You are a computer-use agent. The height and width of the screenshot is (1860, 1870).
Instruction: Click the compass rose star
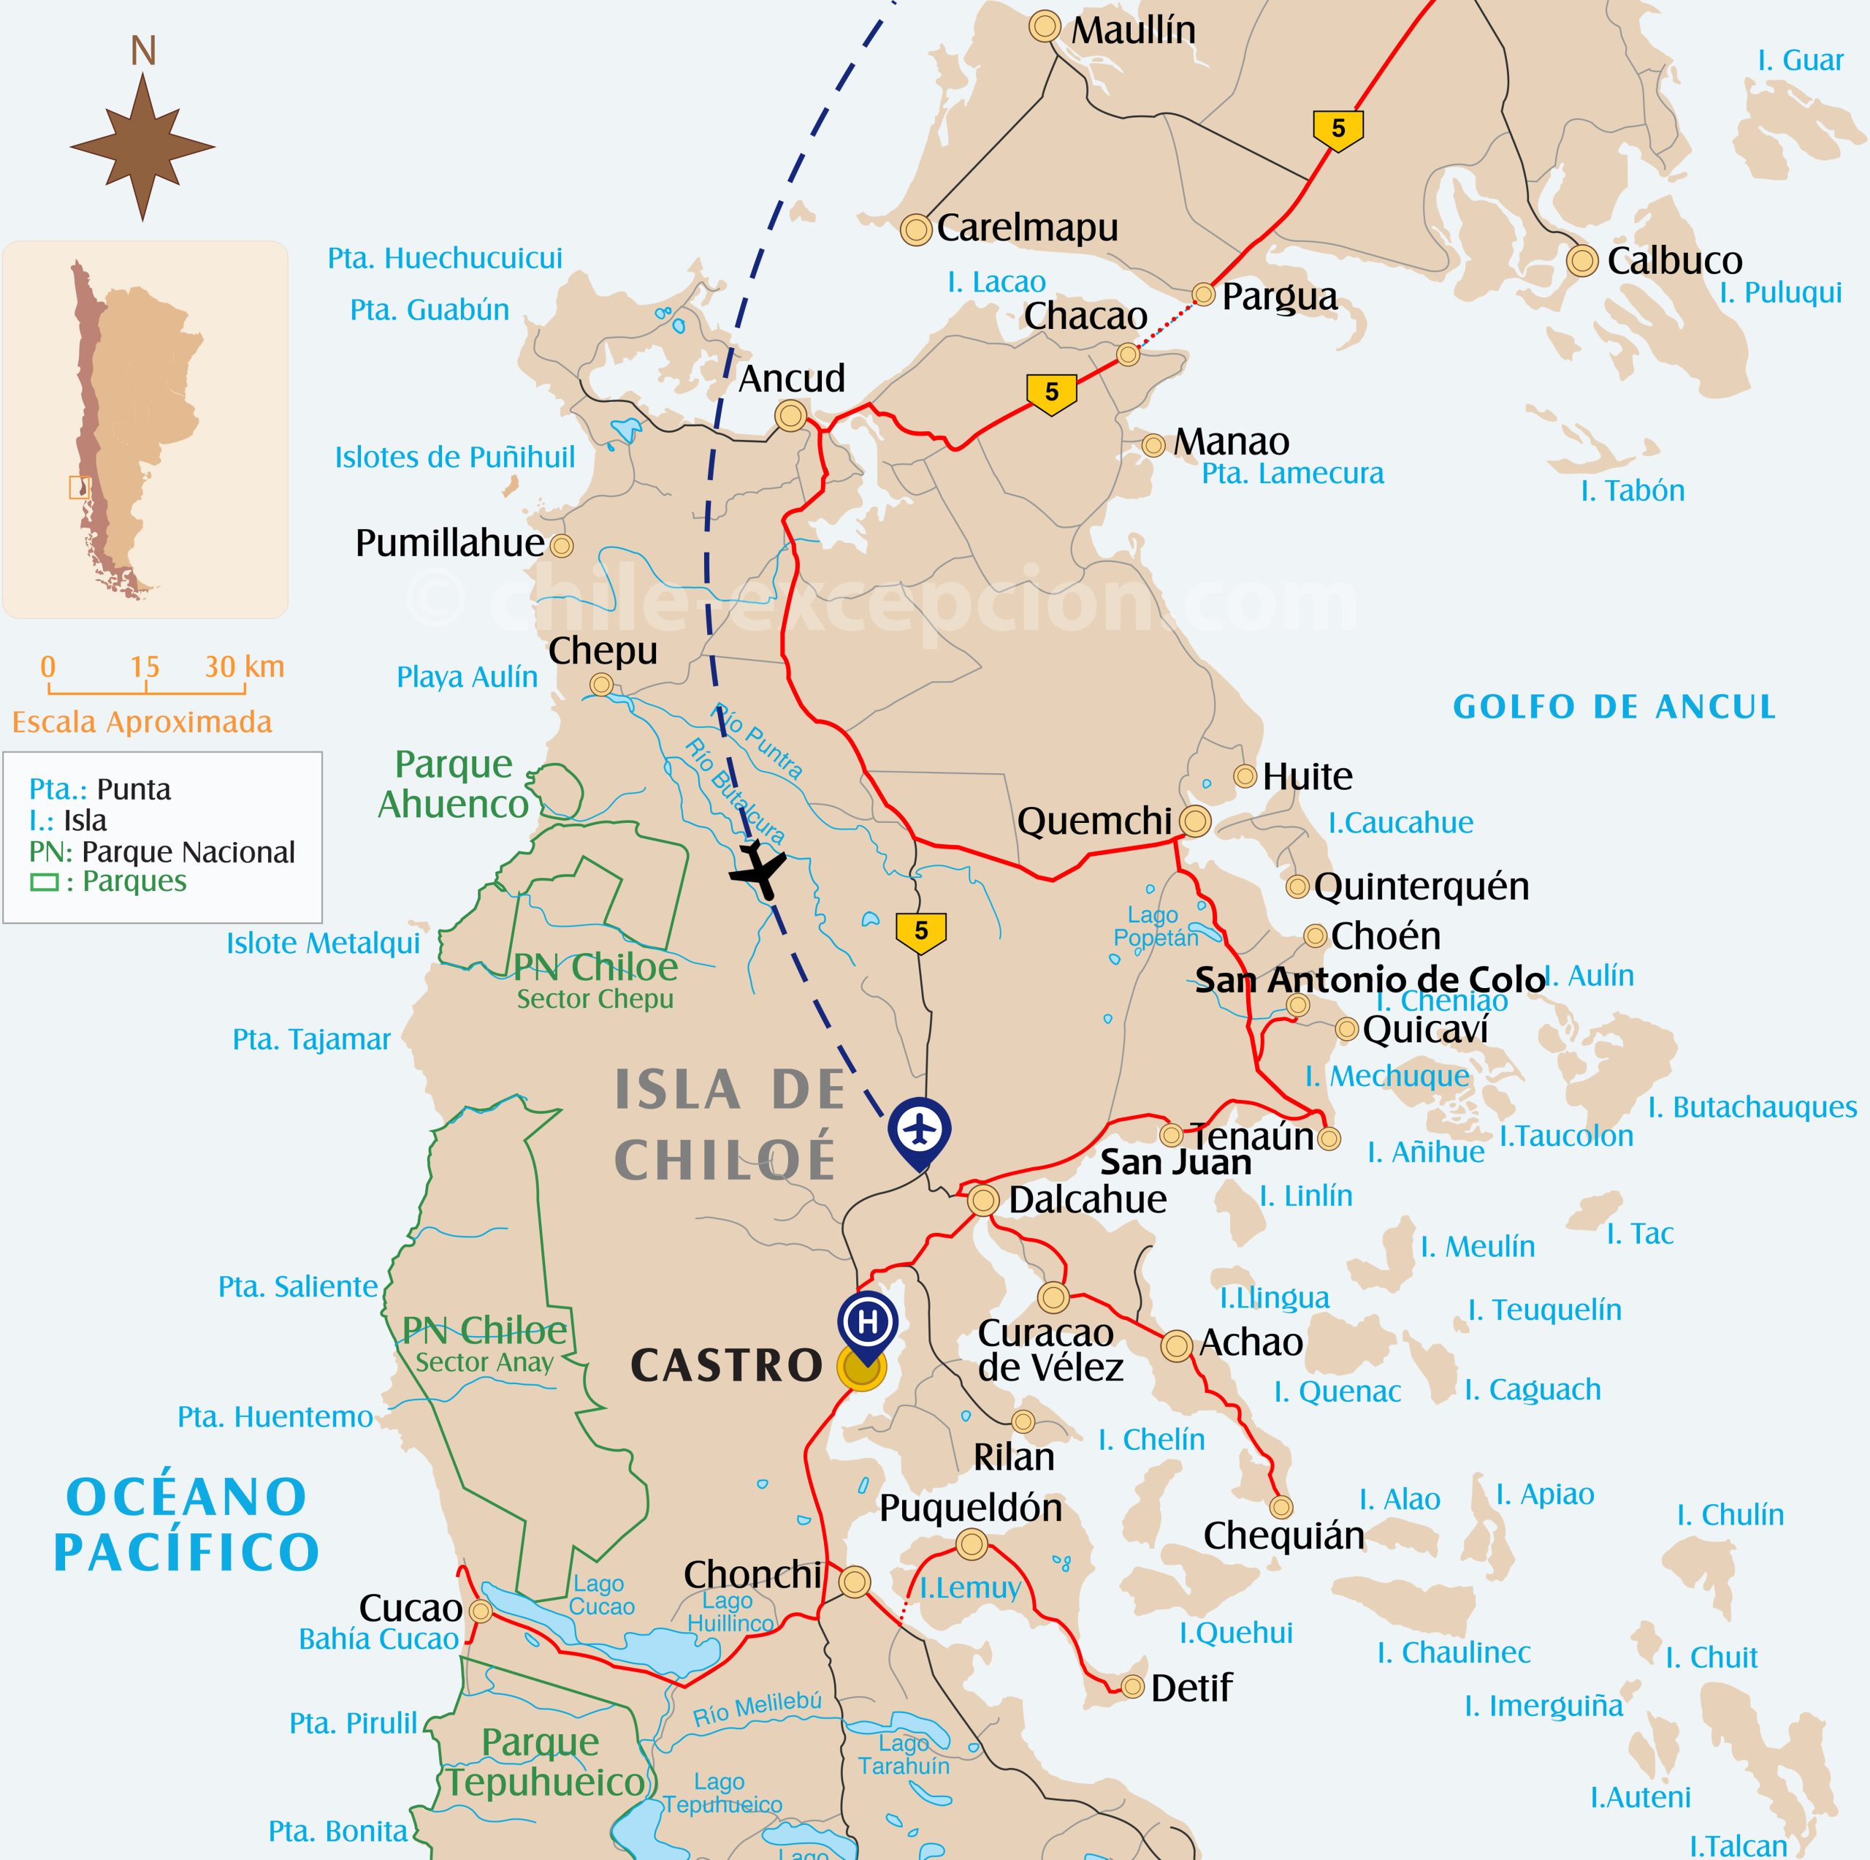[142, 147]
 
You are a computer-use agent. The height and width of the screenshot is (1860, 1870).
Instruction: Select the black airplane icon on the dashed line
[758, 868]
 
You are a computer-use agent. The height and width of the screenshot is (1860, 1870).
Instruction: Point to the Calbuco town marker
[1581, 260]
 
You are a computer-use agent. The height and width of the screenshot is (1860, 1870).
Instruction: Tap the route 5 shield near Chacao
[1051, 392]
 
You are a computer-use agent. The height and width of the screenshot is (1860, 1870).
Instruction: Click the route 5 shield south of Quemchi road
[920, 931]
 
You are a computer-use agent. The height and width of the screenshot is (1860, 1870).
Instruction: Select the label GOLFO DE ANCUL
[1614, 707]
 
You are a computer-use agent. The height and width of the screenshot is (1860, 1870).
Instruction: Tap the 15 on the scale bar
[145, 667]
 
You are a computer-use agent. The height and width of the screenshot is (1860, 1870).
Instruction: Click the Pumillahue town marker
[562, 546]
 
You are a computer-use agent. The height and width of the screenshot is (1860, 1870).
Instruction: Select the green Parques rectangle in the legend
[44, 882]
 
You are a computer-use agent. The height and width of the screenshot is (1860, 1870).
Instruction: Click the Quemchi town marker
[1194, 821]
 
